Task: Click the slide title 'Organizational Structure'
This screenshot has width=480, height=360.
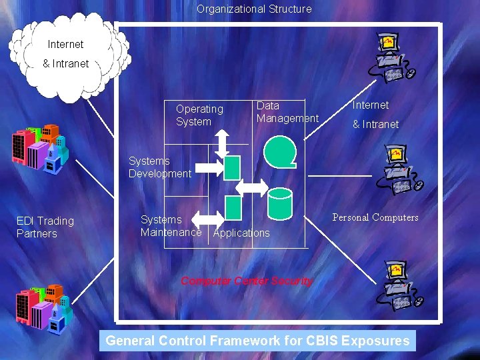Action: pos(253,9)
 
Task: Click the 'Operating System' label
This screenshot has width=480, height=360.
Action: pos(199,115)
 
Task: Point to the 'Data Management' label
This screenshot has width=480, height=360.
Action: pos(287,112)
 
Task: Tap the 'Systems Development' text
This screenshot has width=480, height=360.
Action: pos(160,167)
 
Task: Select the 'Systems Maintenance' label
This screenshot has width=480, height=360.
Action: pos(171,226)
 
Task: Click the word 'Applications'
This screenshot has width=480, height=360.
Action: pos(241,233)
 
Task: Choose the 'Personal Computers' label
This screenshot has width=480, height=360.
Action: pos(375,217)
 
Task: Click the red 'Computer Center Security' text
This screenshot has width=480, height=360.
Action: pos(247,281)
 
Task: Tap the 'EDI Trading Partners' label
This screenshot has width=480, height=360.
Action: pos(45,227)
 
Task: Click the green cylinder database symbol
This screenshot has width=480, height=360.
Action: pos(280,204)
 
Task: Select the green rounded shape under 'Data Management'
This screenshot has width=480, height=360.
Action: pos(279,151)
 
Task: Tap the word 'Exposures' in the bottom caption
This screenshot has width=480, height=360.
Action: pos(375,341)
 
